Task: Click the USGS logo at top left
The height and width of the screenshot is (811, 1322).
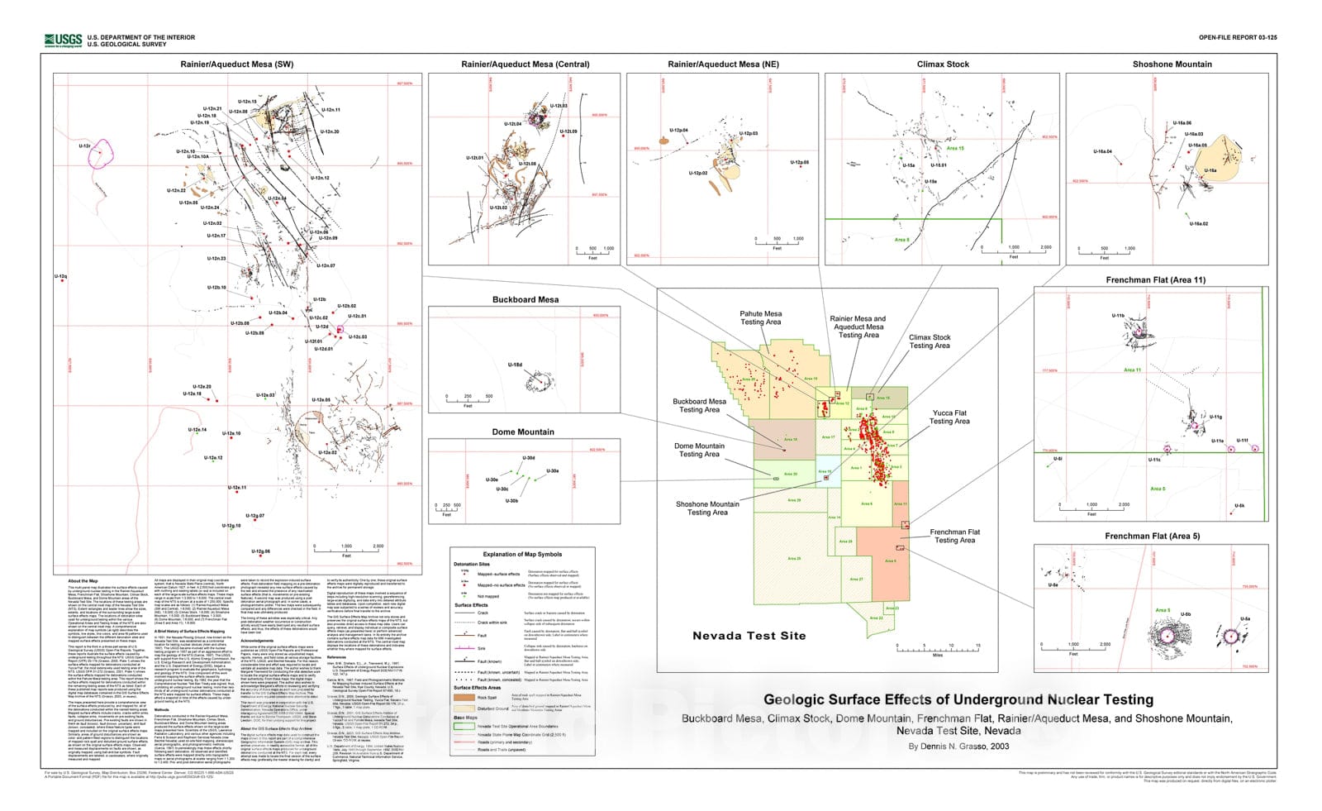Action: [63, 40]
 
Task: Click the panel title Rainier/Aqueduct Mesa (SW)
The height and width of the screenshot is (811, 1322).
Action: [237, 64]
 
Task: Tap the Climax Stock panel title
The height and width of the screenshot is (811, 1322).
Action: [943, 64]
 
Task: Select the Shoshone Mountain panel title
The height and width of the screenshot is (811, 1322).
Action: [1172, 64]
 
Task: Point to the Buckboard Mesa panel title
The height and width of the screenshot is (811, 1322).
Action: [525, 300]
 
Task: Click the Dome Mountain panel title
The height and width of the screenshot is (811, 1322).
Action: [523, 432]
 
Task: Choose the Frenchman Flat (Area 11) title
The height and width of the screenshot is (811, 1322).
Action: [1155, 280]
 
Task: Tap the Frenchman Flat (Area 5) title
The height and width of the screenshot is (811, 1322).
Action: [1152, 537]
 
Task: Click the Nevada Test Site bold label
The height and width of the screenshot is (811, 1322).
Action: [749, 636]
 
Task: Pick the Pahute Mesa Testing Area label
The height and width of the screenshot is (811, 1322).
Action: [760, 318]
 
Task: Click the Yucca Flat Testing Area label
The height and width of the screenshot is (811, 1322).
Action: [949, 417]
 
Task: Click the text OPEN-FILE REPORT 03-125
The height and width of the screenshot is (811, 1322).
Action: [1237, 38]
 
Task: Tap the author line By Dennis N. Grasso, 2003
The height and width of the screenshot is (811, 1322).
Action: [958, 746]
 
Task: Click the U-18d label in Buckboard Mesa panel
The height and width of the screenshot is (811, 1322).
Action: [515, 365]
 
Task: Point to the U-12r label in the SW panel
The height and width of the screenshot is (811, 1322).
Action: [84, 146]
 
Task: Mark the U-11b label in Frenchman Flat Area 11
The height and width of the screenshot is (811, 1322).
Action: [1118, 316]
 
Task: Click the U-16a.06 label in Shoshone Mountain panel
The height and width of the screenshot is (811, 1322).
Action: [1182, 123]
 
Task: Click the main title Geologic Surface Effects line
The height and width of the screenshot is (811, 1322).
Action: [958, 700]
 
